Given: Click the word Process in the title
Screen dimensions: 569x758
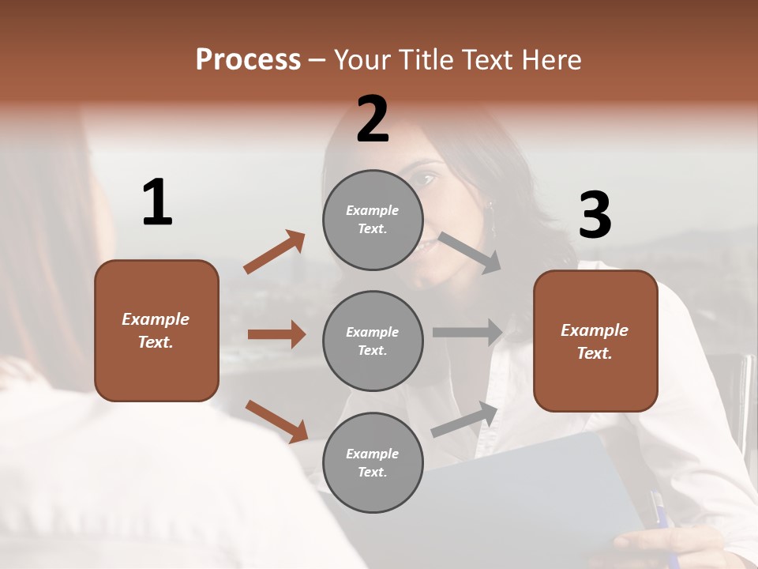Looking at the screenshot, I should coord(248,60).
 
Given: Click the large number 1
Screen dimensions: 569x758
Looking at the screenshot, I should coord(157,202).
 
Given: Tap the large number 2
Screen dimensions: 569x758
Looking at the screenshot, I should coord(373,119).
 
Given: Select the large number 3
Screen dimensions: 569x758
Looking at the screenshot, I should coord(595,216).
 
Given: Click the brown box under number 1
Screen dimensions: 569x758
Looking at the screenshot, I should coord(156,330).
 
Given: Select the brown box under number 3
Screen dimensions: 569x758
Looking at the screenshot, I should coord(595,341).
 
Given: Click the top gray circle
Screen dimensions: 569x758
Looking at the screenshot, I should coord(373,220).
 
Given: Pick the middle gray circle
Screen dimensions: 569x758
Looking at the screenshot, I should coord(373,341).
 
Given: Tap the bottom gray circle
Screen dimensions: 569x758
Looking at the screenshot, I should coord(373,462).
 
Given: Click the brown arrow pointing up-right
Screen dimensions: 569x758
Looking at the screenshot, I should coord(275,252).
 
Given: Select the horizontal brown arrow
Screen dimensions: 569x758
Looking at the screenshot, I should coord(276,334).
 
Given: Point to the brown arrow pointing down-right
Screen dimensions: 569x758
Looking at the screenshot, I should coord(276,421).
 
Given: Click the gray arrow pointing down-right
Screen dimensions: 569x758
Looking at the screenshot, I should coord(470,252).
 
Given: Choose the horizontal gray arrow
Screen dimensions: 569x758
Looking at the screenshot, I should coord(467,333).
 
